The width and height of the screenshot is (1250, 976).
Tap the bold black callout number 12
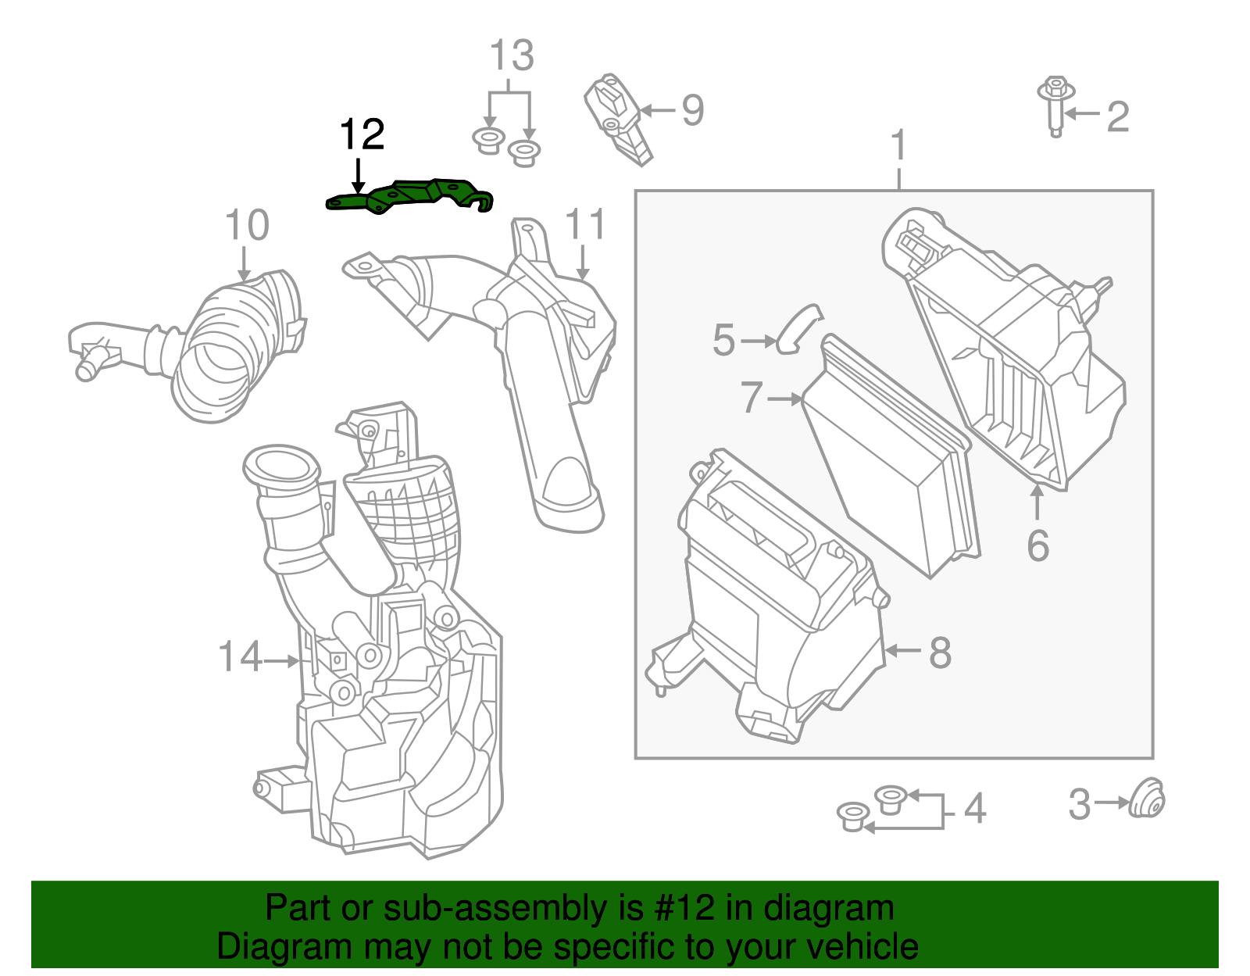click(x=362, y=135)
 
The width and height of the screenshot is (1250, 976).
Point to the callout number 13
click(x=512, y=56)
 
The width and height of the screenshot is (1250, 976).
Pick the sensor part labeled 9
click(x=617, y=117)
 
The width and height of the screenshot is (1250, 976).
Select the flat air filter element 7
click(x=891, y=461)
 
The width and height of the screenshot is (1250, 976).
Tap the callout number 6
click(x=1037, y=545)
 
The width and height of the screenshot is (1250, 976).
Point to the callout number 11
click(x=584, y=225)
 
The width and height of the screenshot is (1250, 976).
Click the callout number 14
click(x=240, y=656)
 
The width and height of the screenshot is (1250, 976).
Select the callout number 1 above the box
click(x=899, y=145)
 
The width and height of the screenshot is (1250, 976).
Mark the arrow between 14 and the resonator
click(x=281, y=661)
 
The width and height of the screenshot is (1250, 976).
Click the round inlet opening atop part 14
click(x=281, y=467)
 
